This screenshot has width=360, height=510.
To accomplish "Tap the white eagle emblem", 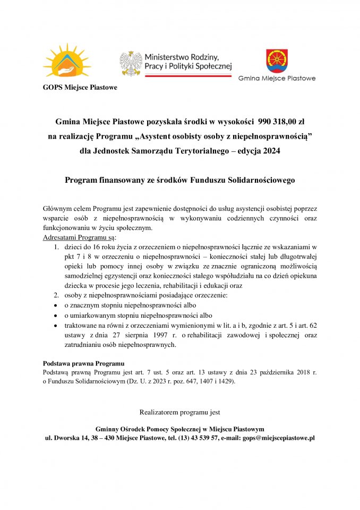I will coord(131,63).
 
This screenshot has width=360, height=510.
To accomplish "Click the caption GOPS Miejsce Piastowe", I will coord(80,87).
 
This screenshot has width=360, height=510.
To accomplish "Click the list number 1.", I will coord(57,247).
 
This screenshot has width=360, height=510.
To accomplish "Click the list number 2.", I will coord(57,295).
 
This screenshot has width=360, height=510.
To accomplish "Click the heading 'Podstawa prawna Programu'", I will coord(83,363).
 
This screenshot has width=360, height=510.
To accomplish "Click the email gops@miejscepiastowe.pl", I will coord(279,438).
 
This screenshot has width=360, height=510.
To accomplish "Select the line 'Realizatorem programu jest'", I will coord(179,412).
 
